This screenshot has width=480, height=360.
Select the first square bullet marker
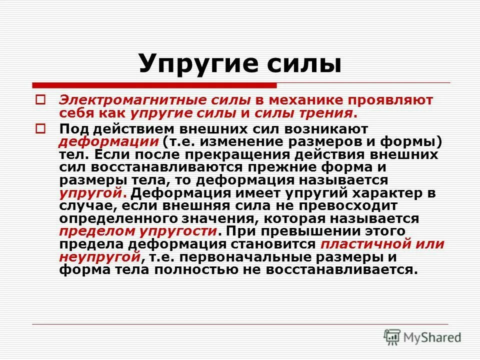pos(41,100)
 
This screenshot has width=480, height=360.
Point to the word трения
pos(328,113)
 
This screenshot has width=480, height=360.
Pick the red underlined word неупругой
pos(98,257)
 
